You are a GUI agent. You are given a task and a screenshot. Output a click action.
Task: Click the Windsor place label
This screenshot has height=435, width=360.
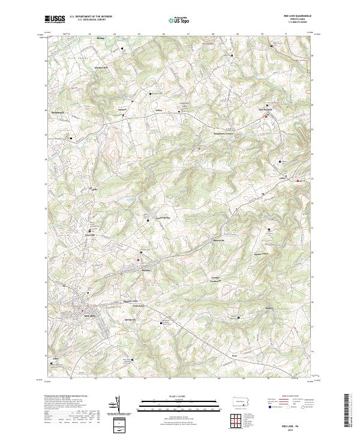[145, 269]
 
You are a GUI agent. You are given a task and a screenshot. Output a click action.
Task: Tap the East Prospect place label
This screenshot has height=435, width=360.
[265, 110]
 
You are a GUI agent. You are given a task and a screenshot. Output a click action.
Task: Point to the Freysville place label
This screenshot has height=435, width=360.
[89, 235]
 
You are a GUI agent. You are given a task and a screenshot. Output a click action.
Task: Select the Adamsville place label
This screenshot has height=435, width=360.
[58, 358]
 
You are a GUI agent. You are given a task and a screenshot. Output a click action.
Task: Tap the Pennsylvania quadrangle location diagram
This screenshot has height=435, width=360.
[239, 401]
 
